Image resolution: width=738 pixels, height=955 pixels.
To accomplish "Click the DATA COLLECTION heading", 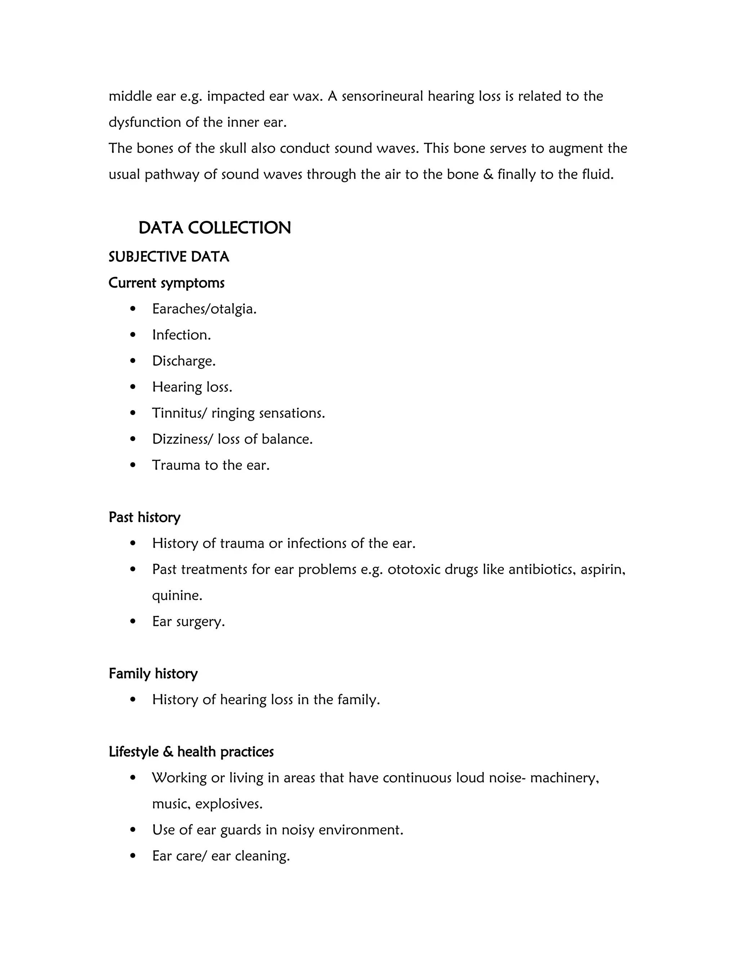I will [x=214, y=228].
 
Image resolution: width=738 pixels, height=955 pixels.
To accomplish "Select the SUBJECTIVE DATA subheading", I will [x=169, y=257].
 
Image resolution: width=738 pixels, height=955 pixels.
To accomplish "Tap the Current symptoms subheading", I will [x=166, y=283].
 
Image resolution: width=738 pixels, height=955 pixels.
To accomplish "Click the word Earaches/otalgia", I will [x=204, y=309].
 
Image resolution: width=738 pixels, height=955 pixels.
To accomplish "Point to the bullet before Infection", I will [x=133, y=335].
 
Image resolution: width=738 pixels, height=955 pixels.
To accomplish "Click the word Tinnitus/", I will [x=179, y=413].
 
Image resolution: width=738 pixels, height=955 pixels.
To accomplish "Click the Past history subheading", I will [x=144, y=517].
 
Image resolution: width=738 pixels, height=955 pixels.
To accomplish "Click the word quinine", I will [x=177, y=596].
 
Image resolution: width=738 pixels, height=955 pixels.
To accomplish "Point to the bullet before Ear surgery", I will [x=133, y=621].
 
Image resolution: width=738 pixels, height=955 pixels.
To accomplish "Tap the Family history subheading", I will [x=153, y=674].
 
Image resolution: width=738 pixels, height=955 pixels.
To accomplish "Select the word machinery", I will [x=564, y=778].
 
